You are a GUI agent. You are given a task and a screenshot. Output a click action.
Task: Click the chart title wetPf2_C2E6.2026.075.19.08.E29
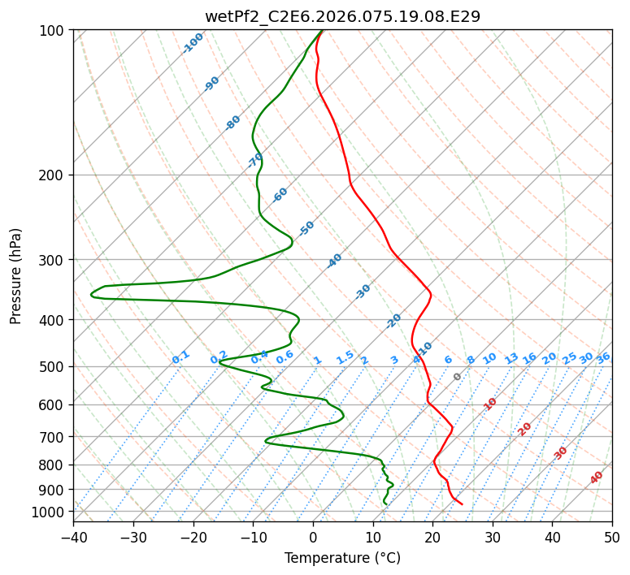pyautogui.click(x=342, y=16)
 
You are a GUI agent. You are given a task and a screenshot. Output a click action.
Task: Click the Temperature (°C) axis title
pyautogui.click(x=342, y=559)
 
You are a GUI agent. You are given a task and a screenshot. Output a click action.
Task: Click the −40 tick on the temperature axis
pyautogui.click(x=73, y=538)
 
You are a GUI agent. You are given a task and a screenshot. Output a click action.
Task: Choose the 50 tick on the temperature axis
pyautogui.click(x=612, y=538)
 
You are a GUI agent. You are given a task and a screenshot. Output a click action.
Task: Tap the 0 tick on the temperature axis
pyautogui.click(x=313, y=538)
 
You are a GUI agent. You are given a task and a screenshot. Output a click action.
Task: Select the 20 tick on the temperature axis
pyautogui.click(x=432, y=538)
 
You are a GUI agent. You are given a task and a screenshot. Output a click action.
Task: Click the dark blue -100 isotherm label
pyautogui.click(x=193, y=43)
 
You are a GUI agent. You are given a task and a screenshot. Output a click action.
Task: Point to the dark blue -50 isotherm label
pyautogui.click(x=306, y=228)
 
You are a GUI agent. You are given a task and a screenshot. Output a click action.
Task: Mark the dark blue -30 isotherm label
pyautogui.click(x=363, y=292)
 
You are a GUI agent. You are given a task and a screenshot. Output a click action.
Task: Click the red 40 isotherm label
pyautogui.click(x=597, y=478)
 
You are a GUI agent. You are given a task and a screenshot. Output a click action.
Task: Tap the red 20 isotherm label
pyautogui.click(x=525, y=428)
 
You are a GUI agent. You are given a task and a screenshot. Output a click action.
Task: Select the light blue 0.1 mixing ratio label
pyautogui.click(x=180, y=357)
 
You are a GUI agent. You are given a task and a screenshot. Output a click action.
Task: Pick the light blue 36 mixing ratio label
pyautogui.click(x=603, y=357)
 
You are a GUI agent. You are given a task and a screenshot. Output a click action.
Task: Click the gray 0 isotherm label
pyautogui.click(x=458, y=377)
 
